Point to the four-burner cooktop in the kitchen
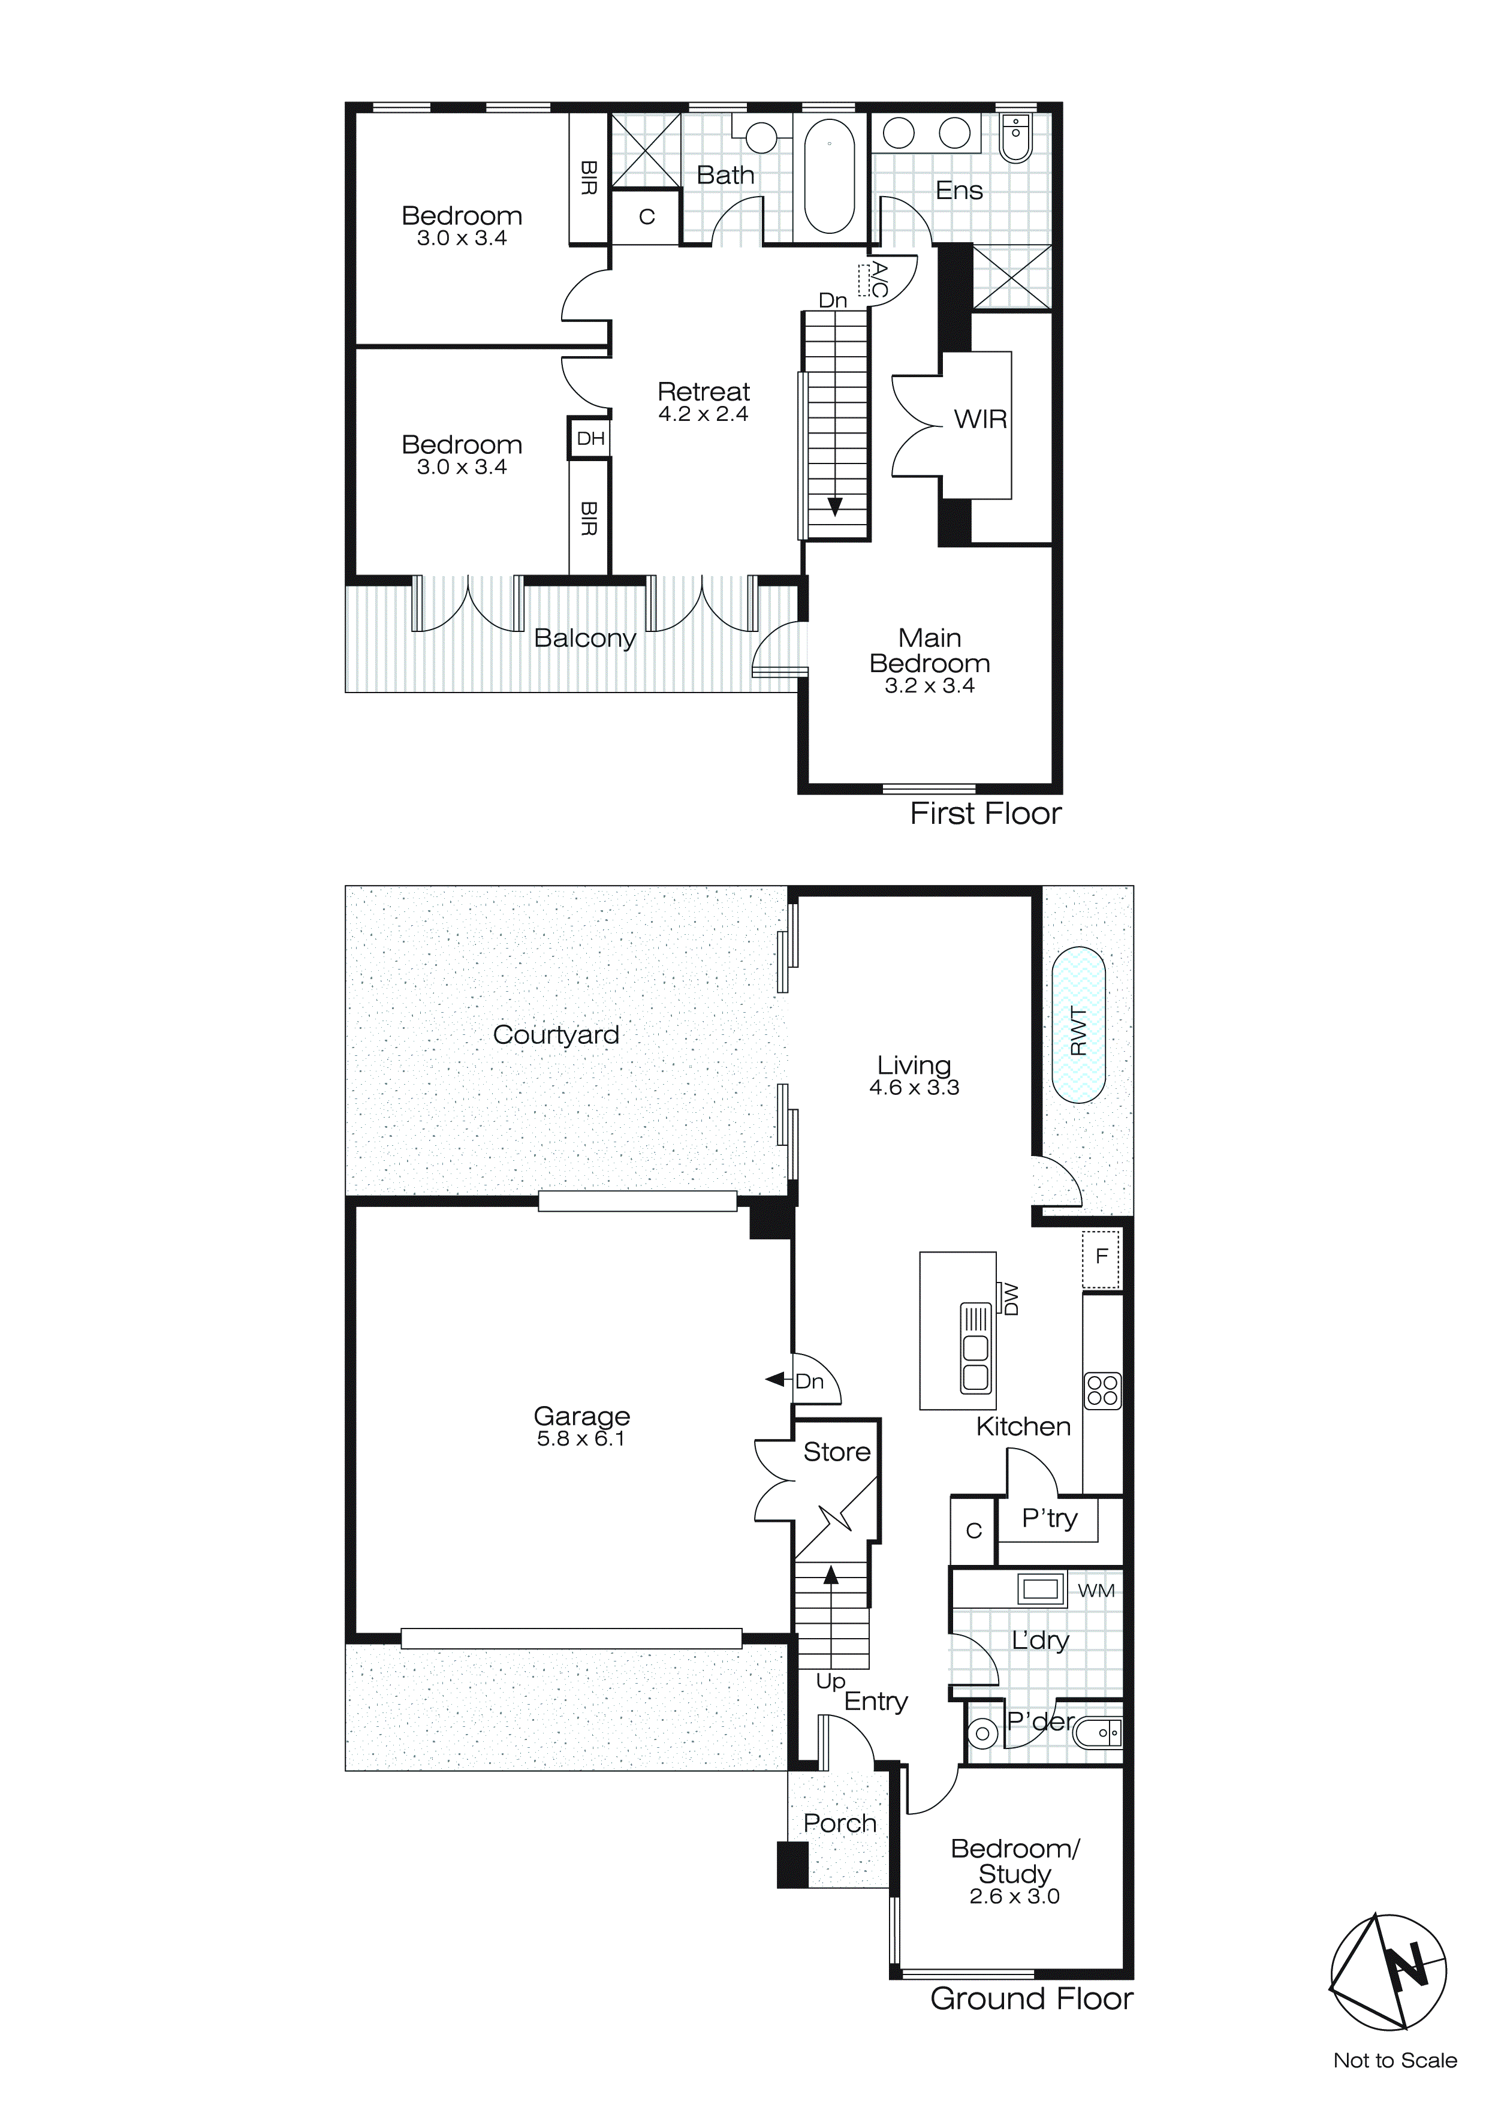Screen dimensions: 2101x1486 (1102, 1391)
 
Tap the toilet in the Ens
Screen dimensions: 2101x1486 (1015, 137)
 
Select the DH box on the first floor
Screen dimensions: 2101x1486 (590, 438)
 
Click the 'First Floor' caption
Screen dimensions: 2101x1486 (985, 814)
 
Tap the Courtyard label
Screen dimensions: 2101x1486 (556, 1034)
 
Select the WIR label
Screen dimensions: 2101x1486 (980, 419)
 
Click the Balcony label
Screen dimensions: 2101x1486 (584, 638)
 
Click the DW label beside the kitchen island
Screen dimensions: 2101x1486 (1010, 1299)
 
